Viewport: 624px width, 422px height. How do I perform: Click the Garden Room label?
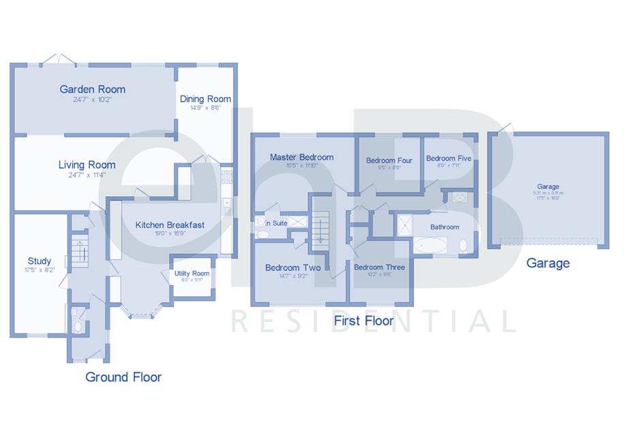[x=93, y=89]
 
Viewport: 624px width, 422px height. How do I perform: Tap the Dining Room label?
[x=205, y=99]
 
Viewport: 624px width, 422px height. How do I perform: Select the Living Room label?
[x=87, y=165]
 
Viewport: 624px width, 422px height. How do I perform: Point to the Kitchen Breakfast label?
[x=170, y=225]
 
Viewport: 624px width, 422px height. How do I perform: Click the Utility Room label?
[x=191, y=274]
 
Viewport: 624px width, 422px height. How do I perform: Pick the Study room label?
[x=40, y=261]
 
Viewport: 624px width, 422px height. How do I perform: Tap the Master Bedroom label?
[x=301, y=157]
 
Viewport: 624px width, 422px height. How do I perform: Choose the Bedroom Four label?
[x=389, y=161]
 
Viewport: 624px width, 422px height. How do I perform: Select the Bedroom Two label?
[x=293, y=267]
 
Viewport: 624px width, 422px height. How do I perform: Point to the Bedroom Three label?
[x=379, y=267]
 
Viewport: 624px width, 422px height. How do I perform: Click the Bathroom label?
[x=444, y=227]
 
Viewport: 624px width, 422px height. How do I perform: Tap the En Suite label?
[x=276, y=223]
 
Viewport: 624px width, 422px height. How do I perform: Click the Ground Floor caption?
[x=123, y=377]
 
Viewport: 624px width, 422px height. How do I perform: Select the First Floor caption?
[x=363, y=321]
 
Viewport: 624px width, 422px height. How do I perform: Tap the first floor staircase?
[x=320, y=228]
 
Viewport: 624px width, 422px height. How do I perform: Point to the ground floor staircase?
[x=79, y=250]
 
